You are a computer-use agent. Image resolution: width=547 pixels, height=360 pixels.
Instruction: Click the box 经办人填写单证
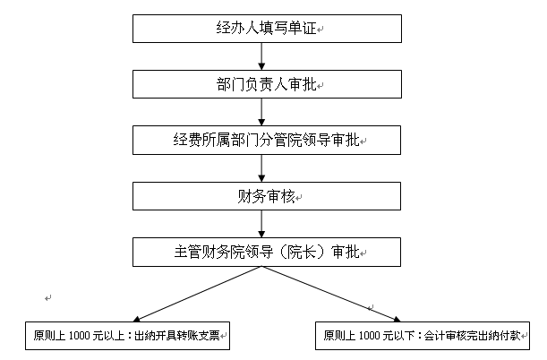click(x=267, y=29)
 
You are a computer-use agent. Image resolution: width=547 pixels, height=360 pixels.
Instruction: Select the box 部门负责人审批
click(x=267, y=84)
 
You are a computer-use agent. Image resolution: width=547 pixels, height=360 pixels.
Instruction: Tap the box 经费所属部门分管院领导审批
click(x=267, y=141)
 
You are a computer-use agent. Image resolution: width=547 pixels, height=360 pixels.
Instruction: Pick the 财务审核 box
click(x=267, y=196)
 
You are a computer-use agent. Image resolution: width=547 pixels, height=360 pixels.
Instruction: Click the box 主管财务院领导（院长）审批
click(x=267, y=253)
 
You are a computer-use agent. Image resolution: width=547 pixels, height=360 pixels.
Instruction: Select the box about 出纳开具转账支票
click(x=127, y=336)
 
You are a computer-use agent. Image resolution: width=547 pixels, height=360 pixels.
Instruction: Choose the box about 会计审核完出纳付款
click(x=423, y=336)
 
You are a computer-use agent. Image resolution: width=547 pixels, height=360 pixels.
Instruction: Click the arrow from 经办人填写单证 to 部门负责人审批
click(x=261, y=56)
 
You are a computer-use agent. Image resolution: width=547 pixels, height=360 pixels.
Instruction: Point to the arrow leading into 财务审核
click(x=261, y=168)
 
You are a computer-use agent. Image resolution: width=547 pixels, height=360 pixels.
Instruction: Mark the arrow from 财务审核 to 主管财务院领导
click(x=261, y=224)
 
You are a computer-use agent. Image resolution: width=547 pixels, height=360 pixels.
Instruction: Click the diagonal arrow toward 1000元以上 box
click(x=198, y=294)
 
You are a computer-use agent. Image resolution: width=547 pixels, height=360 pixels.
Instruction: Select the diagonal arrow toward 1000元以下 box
click(x=331, y=294)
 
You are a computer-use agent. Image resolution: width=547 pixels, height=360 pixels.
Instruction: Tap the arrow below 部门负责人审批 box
click(x=261, y=112)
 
